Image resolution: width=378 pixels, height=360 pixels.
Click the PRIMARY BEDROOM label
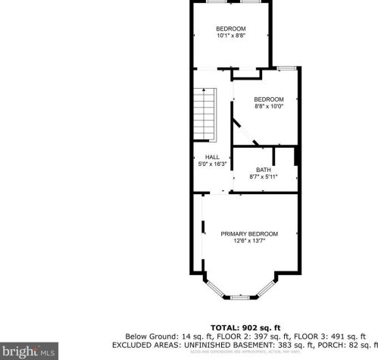(x=249, y=233)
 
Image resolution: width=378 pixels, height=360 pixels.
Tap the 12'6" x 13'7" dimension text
(x=249, y=242)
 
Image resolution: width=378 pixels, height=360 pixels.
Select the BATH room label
(x=263, y=170)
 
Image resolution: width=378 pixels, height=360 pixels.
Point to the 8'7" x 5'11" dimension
(x=263, y=177)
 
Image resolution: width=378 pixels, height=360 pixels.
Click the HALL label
(x=212, y=157)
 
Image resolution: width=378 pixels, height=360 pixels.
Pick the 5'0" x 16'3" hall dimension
(x=212, y=164)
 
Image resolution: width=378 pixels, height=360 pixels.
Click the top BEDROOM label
(x=231, y=29)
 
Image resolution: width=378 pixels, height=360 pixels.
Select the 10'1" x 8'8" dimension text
(x=231, y=36)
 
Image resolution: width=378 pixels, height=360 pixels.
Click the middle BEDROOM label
(x=268, y=99)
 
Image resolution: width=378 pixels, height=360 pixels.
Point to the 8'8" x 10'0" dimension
(x=268, y=107)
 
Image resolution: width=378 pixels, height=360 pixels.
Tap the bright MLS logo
(x=30, y=351)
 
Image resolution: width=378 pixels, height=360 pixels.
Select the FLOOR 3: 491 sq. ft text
(x=322, y=335)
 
